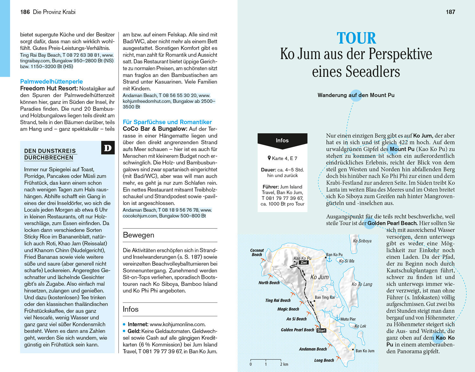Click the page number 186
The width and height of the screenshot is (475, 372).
point(25,12)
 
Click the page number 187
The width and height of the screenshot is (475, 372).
point(450,12)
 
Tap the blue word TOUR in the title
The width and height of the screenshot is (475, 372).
point(356,38)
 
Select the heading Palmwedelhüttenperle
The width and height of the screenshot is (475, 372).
point(51,81)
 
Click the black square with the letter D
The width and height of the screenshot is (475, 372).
point(108,148)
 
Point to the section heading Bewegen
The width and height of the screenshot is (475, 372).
point(138,235)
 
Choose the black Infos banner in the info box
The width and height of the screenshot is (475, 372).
point(282,140)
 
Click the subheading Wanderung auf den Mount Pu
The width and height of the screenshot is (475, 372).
point(356,95)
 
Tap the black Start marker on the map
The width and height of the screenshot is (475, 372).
point(321,330)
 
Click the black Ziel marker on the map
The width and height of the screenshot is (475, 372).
point(304,263)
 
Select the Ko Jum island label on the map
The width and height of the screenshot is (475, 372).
point(319,277)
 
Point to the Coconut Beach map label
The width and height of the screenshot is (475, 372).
point(257,252)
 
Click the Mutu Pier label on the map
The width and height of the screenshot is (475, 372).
point(348,319)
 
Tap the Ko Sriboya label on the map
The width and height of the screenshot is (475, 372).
point(362,241)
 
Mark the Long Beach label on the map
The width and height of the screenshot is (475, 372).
point(324,360)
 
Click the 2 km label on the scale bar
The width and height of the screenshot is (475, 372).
point(284,364)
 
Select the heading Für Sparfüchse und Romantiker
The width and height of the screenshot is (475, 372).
point(167,122)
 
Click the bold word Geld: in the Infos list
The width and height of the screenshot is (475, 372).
point(134,331)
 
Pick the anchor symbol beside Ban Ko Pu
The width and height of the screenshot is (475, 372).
point(329,259)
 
